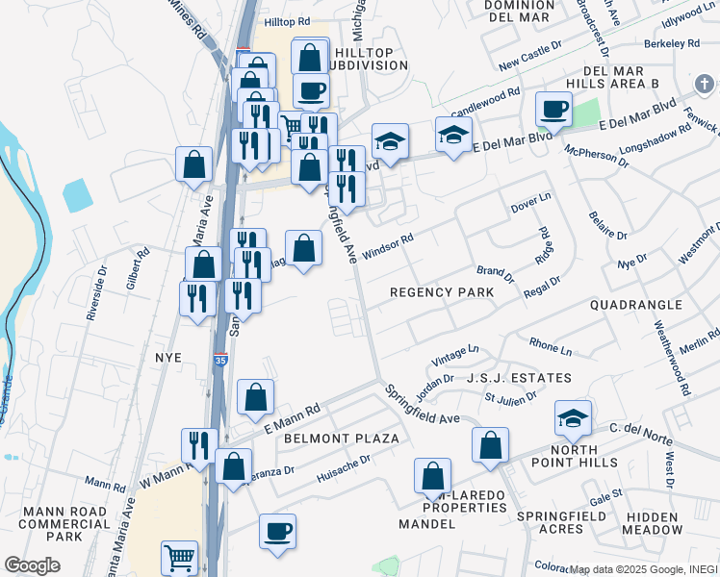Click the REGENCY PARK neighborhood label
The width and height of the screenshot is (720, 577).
(441, 292)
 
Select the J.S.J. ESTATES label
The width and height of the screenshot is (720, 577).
(519, 378)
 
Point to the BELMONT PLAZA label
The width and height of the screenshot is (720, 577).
(342, 439)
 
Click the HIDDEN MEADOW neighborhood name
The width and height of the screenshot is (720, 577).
(651, 523)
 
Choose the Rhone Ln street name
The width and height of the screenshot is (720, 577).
(550, 343)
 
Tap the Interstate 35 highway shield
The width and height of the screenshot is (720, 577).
(220, 360)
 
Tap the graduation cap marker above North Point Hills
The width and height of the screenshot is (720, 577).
(573, 417)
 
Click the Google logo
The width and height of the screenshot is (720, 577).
(33, 565)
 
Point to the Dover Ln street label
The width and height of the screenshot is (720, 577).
(530, 203)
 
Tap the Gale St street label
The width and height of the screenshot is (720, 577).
(606, 495)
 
